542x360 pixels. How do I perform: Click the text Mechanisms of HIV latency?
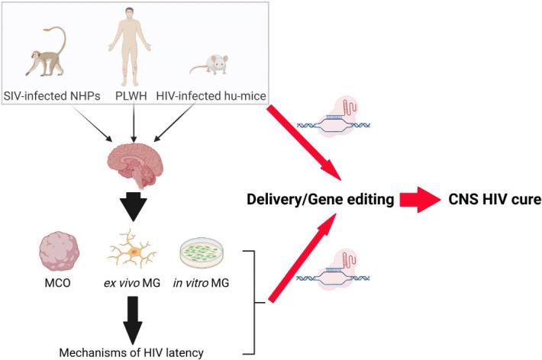[133, 352]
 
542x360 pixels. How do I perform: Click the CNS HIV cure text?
[489, 200]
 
